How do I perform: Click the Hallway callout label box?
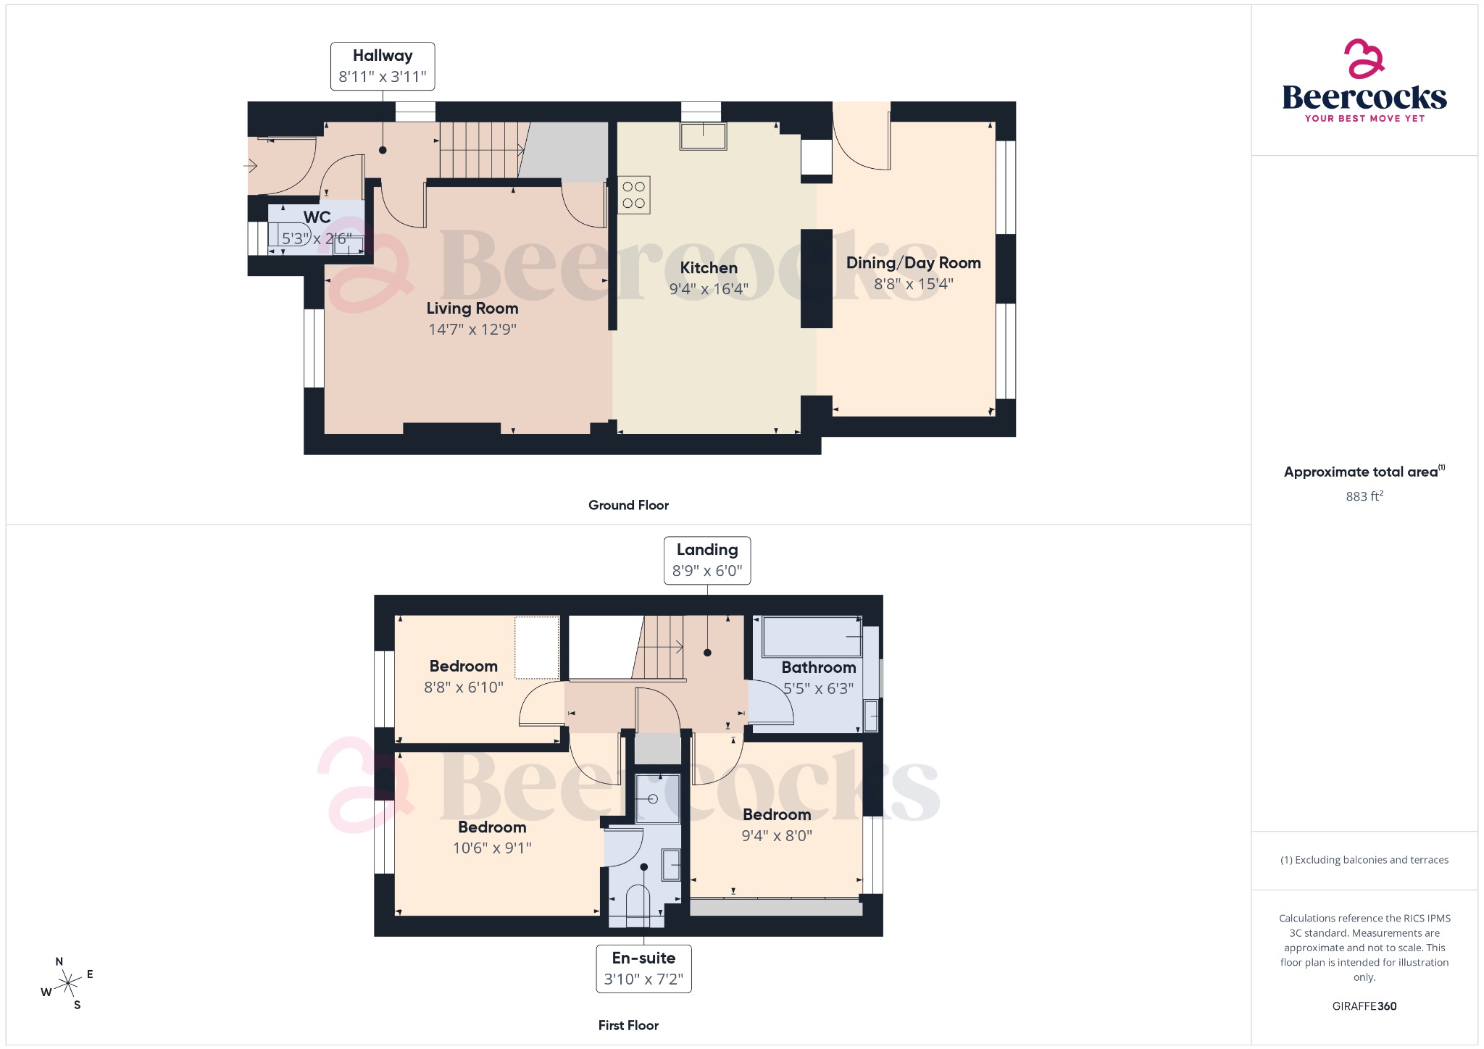(x=383, y=66)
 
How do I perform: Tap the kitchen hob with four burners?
(x=633, y=195)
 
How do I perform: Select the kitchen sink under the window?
(x=703, y=136)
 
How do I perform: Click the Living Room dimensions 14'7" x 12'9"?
(x=472, y=330)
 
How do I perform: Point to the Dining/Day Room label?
(x=913, y=263)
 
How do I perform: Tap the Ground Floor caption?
(x=628, y=505)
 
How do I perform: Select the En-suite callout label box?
(x=643, y=969)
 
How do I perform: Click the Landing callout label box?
(x=707, y=560)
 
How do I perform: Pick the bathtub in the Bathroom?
(x=812, y=637)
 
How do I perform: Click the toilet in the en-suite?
(x=638, y=906)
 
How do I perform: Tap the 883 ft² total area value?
(x=1364, y=496)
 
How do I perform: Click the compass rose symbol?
(x=68, y=983)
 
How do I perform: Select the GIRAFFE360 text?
(x=1364, y=1006)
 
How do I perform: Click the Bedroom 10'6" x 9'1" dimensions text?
(x=492, y=848)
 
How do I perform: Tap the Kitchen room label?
(x=708, y=268)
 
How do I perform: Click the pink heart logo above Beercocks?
(x=1363, y=59)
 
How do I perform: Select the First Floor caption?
(x=628, y=1025)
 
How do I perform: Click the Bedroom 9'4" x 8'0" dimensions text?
(x=776, y=836)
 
